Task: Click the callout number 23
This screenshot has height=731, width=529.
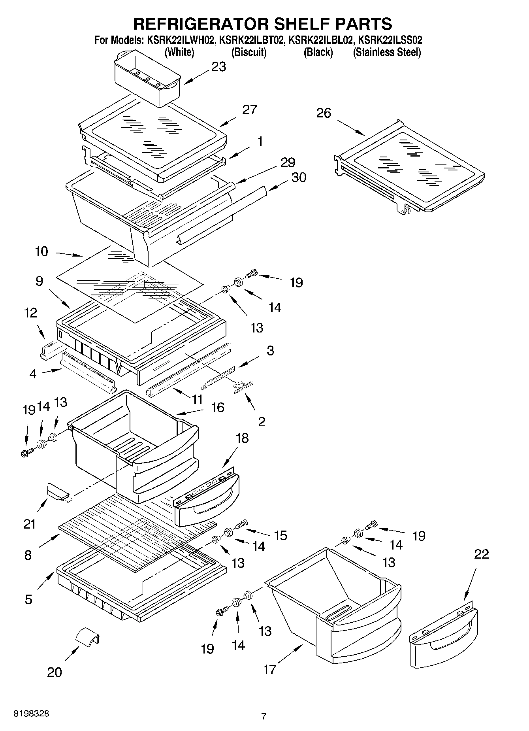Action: [x=218, y=66]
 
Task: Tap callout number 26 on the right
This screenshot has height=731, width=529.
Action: [x=324, y=113]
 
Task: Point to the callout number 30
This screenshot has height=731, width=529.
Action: [x=298, y=177]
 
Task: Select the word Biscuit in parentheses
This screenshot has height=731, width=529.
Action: [x=248, y=52]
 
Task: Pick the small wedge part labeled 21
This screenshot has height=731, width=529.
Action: [x=58, y=492]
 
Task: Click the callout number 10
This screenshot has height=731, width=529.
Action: [x=41, y=251]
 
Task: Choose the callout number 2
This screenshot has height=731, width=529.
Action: [x=261, y=421]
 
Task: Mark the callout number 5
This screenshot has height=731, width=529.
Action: [x=28, y=599]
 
